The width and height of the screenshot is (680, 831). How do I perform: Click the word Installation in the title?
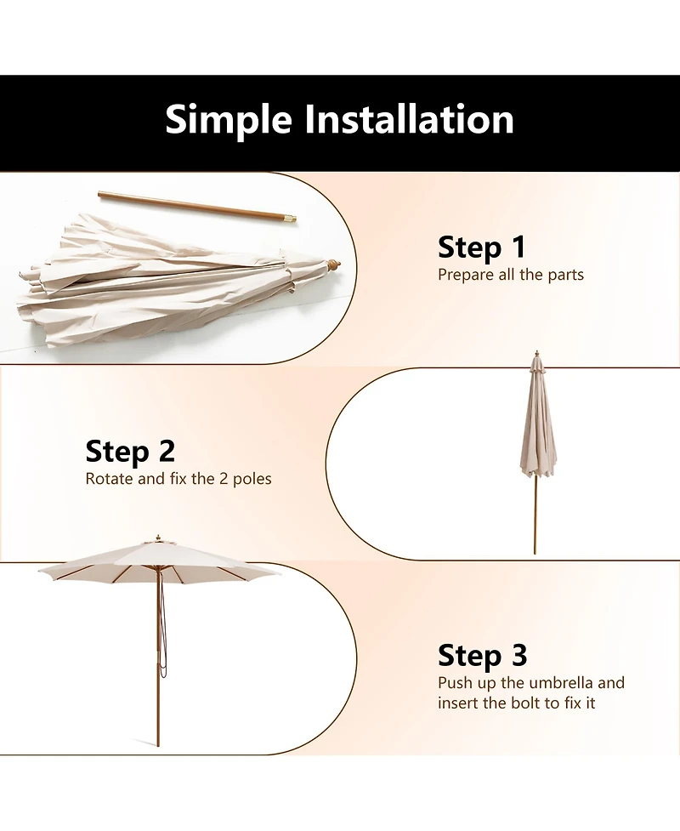pos(410,119)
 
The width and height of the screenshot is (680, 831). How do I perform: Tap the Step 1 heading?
pos(482,248)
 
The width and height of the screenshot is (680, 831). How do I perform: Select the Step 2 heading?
pos(130,452)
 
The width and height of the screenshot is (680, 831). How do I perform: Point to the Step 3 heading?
pos(483,656)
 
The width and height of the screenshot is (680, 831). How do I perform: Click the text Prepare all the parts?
pos(511,275)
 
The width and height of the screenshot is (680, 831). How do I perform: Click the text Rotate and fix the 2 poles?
pos(178,479)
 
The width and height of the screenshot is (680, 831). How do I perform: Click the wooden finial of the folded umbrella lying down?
pos(333,265)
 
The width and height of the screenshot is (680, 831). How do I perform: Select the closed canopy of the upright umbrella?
pos(537,418)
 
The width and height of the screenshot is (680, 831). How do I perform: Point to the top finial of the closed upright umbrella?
pos(537,353)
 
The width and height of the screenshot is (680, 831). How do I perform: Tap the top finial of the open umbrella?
pos(157,538)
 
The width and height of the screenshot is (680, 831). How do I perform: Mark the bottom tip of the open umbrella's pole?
pos(157,747)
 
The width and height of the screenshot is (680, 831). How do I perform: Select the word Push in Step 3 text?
pos(455,683)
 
